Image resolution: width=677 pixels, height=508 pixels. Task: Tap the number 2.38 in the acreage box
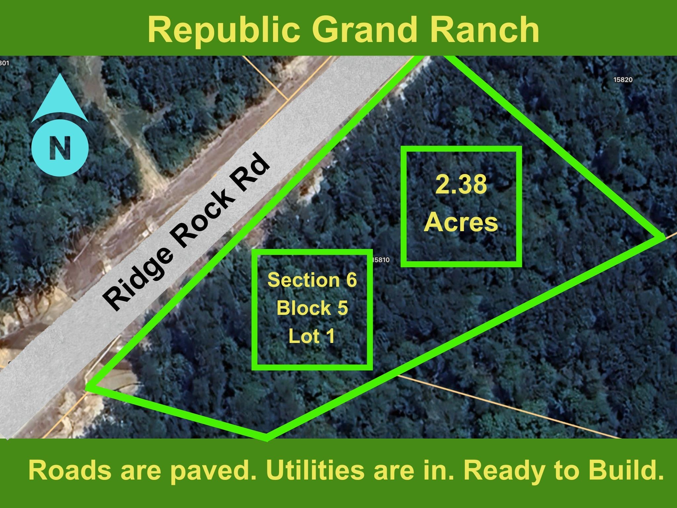pos(461,185)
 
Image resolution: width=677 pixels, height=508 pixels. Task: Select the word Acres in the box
pos(461,223)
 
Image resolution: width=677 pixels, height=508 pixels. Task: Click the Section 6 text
pos(312,280)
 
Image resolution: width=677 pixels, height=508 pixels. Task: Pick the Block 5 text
pos(312,308)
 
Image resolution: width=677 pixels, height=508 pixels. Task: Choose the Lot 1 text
pos(312,336)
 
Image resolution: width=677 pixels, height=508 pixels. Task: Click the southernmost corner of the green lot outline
pos(266,439)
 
